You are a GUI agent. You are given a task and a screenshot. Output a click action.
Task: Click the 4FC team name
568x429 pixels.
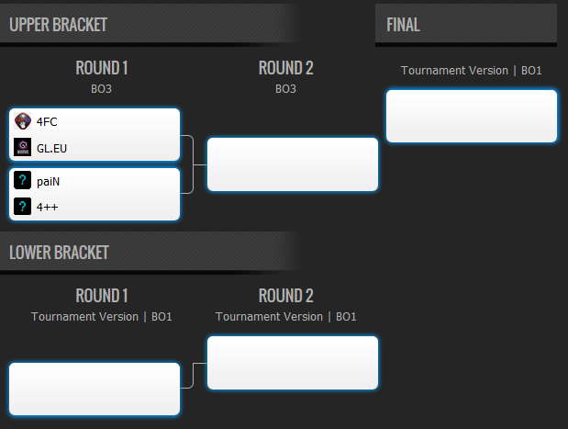pyautogui.click(x=47, y=122)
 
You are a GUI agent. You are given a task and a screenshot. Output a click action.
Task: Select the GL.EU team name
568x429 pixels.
pyautogui.click(x=51, y=148)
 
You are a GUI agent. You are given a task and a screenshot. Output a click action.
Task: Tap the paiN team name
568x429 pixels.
pyautogui.click(x=48, y=181)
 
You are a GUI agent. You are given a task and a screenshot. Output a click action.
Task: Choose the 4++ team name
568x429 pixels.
pyautogui.click(x=47, y=207)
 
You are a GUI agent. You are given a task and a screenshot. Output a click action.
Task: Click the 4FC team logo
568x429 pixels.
pyautogui.click(x=22, y=121)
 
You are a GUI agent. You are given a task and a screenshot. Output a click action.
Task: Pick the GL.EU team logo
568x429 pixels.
pyautogui.click(x=22, y=147)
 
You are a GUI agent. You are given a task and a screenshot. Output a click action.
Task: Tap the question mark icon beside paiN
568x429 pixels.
pyautogui.click(x=22, y=180)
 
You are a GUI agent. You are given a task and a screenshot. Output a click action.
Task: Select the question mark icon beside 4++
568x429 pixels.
pyautogui.click(x=22, y=207)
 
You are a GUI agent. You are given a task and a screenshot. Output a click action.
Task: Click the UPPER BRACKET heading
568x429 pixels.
pyautogui.click(x=58, y=25)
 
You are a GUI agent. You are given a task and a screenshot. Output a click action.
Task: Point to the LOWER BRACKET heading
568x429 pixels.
pyautogui.click(x=59, y=253)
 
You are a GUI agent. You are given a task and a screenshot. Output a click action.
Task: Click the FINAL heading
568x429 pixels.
pyautogui.click(x=403, y=25)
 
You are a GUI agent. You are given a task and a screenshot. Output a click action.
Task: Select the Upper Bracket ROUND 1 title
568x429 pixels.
pyautogui.click(x=102, y=68)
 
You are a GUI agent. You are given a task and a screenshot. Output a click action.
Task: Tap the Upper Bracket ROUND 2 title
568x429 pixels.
pyautogui.click(x=285, y=68)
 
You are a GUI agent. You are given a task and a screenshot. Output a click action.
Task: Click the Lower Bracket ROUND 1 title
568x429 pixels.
pyautogui.click(x=102, y=296)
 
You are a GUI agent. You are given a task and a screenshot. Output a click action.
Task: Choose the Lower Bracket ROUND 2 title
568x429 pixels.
pyautogui.click(x=285, y=296)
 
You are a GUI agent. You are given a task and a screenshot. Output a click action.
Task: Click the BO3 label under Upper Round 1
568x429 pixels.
pyautogui.click(x=102, y=89)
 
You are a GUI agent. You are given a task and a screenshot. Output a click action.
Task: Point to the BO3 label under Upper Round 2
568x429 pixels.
pyautogui.click(x=285, y=89)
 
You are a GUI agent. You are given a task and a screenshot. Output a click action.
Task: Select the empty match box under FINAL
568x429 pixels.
pyautogui.click(x=472, y=116)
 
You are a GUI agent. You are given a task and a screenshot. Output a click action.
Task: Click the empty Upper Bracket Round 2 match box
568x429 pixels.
pyautogui.click(x=293, y=164)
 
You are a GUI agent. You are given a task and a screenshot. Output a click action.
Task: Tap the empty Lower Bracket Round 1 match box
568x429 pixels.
pyautogui.click(x=95, y=389)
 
